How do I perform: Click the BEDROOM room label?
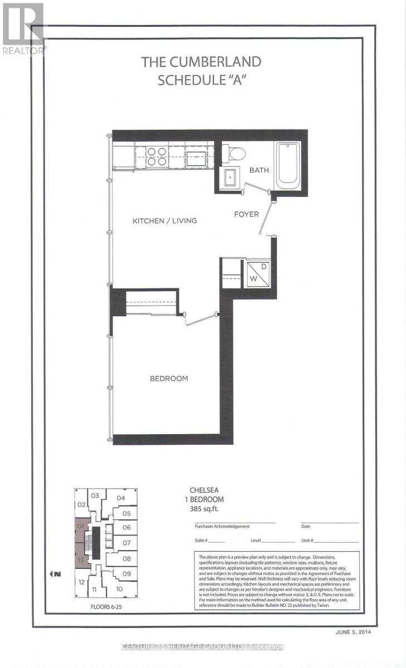[169, 379]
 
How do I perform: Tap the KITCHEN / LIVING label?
[164, 220]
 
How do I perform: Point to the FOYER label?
[246, 214]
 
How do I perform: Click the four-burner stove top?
[157, 156]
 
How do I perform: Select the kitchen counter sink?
[197, 156]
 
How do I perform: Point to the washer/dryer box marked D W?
[258, 272]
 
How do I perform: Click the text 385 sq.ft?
[204, 509]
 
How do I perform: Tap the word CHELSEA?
[204, 491]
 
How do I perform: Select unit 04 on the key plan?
[121, 498]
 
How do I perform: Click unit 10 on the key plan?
[119, 588]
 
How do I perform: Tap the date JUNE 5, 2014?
[353, 632]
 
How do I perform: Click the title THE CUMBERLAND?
[201, 62]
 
